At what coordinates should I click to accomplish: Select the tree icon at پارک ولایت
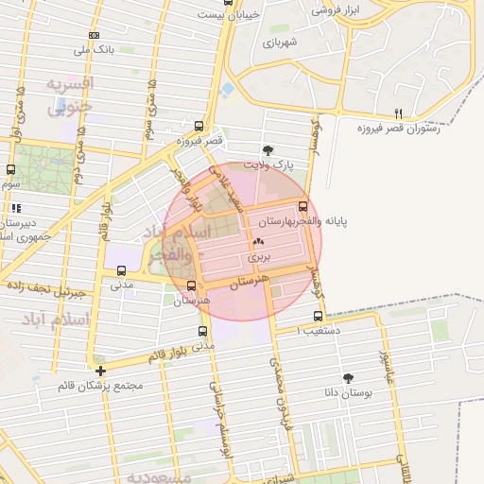point(268,149)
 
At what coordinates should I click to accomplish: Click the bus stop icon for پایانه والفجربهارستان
point(302,207)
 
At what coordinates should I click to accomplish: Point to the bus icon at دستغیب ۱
point(317,317)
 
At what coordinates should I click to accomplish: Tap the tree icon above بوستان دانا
point(348,376)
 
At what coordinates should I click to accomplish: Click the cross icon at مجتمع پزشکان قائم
point(100,370)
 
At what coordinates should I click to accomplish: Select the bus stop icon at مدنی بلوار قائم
point(202,332)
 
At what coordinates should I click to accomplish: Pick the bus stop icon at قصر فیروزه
point(199,126)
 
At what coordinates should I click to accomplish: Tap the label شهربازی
point(280,43)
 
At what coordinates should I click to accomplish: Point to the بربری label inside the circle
point(259,256)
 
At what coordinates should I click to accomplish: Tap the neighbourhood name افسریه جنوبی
point(70,95)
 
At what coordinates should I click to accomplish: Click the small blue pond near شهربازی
point(228,91)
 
